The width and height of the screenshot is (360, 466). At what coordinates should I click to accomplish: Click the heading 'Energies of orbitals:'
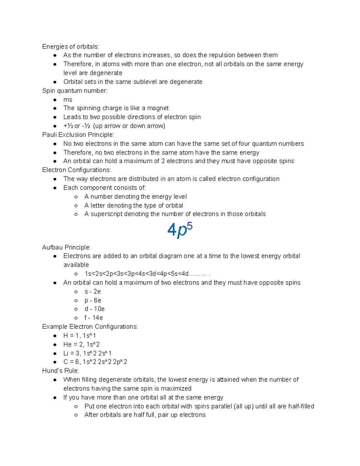point(70,47)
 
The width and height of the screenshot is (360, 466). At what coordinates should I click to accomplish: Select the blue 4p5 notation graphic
point(179,230)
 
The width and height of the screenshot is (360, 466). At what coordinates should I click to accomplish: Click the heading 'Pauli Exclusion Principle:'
point(78,135)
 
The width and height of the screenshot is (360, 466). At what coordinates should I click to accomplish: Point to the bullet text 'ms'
point(68,100)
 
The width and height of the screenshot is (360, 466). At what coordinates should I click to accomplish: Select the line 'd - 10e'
point(94,309)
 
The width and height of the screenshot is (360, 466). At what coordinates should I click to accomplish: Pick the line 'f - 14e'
point(94,318)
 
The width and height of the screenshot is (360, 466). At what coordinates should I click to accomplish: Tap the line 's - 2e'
point(93,292)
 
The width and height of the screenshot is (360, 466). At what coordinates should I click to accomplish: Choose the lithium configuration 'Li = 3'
point(87,353)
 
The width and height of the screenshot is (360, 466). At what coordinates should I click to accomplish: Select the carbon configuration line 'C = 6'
point(95,362)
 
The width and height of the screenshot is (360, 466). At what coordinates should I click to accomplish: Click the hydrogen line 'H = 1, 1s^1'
point(79,336)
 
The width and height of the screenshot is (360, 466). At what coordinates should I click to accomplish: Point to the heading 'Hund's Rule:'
point(60,371)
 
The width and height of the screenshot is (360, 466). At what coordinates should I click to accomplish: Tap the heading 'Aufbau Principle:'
point(66,248)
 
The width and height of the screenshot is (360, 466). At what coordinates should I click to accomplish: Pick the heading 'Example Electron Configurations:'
point(90,327)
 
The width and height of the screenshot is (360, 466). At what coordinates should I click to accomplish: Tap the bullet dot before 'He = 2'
point(55,345)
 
